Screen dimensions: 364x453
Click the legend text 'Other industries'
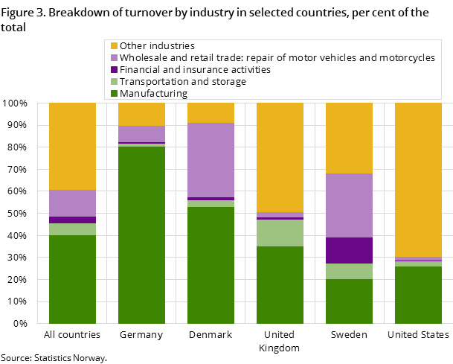click(157, 46)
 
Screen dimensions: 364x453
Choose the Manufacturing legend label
click(154, 94)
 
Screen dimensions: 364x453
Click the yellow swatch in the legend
click(113, 46)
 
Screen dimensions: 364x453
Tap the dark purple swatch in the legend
click(113, 70)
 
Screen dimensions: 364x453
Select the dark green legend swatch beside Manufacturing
click(113, 94)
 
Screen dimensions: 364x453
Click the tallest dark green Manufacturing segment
click(141, 234)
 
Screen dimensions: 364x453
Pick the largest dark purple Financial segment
click(349, 250)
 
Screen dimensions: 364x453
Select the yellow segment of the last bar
click(418, 179)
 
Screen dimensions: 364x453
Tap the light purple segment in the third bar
click(211, 160)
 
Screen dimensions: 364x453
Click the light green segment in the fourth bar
click(280, 233)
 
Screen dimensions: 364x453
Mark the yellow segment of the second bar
click(141, 114)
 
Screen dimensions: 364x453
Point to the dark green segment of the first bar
click(72, 279)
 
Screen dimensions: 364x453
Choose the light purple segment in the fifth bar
click(349, 205)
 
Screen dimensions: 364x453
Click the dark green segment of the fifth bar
click(349, 301)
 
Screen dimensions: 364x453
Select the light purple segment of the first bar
click(72, 203)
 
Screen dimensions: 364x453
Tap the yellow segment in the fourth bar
click(280, 157)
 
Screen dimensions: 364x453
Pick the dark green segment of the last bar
click(418, 295)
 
